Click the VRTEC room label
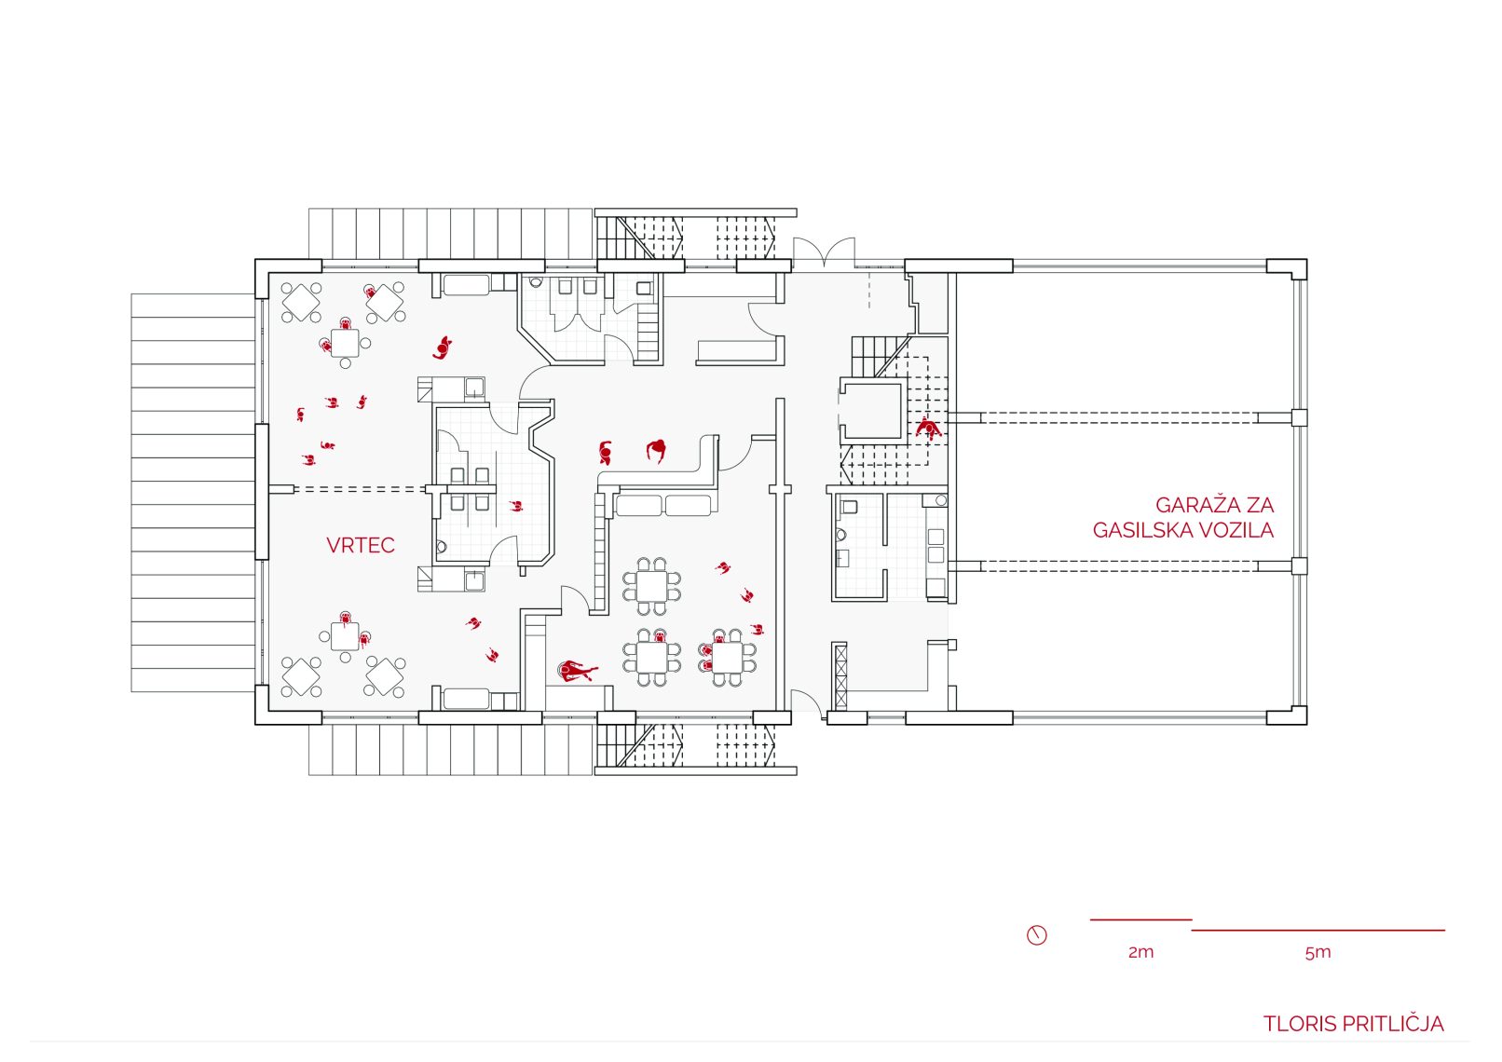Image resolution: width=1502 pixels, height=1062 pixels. click(x=360, y=546)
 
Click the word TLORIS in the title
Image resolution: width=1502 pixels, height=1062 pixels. click(x=1296, y=1025)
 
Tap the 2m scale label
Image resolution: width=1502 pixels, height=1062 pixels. click(x=1140, y=952)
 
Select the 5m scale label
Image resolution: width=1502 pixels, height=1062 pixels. click(x=1318, y=952)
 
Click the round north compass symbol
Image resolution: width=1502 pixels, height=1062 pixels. click(x=1037, y=934)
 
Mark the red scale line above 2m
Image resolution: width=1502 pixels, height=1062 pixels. click(x=1140, y=920)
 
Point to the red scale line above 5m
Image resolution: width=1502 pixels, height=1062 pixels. click(x=1318, y=930)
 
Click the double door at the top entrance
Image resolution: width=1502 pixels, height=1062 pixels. click(x=824, y=253)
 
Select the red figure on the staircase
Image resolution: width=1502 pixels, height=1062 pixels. click(x=927, y=429)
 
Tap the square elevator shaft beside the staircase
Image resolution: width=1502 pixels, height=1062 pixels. click(x=873, y=410)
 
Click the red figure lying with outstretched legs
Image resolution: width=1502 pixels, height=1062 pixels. click(x=577, y=670)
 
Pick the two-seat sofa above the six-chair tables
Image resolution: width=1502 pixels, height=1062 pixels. click(x=662, y=506)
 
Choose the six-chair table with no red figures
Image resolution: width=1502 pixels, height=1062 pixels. click(x=652, y=587)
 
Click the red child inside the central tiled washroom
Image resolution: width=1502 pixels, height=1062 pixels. click(x=515, y=506)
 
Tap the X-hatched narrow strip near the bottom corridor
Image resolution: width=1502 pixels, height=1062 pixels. click(x=840, y=675)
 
